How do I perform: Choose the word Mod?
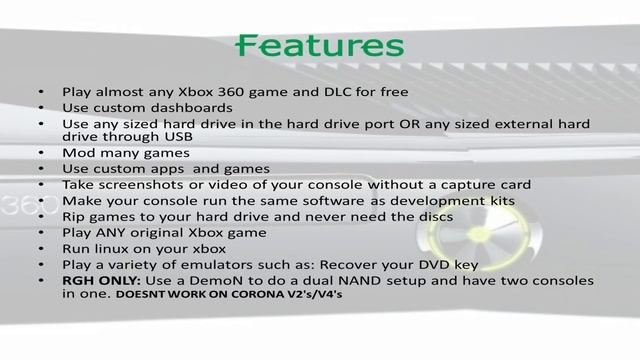point(78,153)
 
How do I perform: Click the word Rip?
point(75,217)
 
